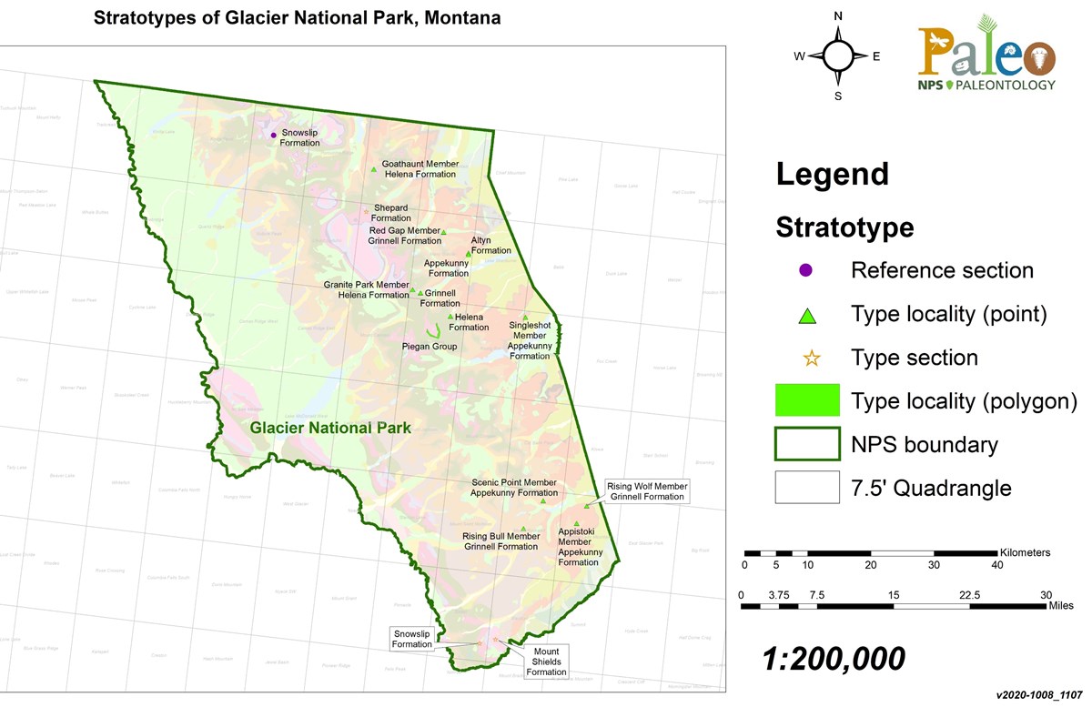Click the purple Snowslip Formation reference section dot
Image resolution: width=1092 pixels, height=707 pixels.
tap(273, 136)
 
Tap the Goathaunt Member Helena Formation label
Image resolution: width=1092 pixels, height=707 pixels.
tap(421, 168)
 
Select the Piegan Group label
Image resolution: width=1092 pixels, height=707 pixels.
tap(430, 347)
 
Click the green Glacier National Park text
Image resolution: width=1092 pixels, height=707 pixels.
tap(331, 428)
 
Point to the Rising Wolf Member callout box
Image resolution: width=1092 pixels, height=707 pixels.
tap(648, 491)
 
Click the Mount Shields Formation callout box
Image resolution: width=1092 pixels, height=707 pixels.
tap(546, 662)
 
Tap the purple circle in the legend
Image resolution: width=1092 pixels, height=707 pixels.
tap(806, 270)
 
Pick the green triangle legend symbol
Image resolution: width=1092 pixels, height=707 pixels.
tap(806, 316)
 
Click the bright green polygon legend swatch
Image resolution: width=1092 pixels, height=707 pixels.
tap(806, 401)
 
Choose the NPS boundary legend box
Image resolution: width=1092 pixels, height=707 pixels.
tap(806, 444)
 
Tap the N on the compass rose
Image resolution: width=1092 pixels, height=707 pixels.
tap(838, 15)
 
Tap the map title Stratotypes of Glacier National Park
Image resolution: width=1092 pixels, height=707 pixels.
tap(298, 18)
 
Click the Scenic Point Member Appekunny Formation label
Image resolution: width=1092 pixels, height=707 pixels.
tap(513, 487)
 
